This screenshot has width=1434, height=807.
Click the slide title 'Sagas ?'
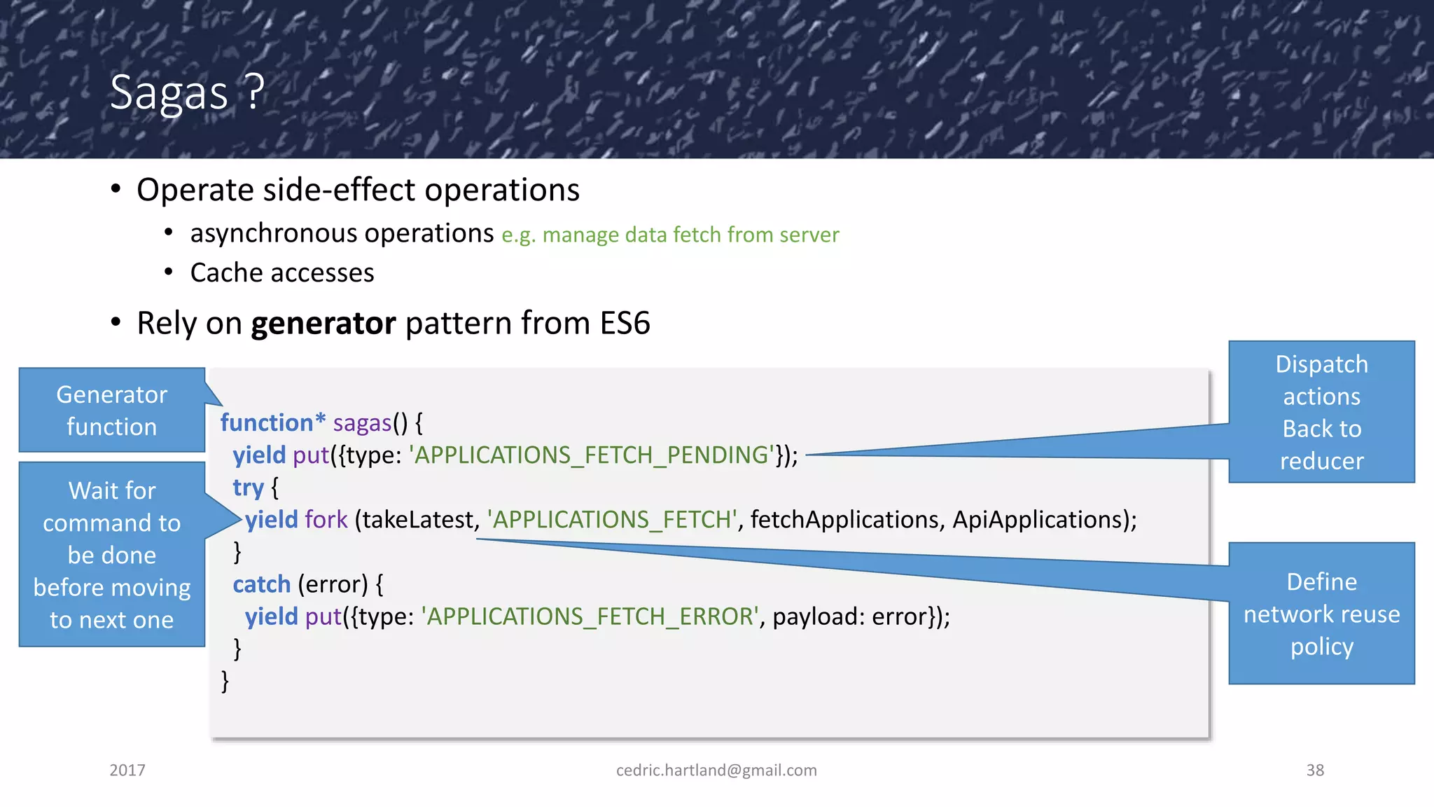187,92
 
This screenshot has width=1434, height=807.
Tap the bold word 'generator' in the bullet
323,324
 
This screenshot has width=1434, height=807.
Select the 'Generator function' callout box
112,411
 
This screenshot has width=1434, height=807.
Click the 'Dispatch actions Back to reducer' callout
1321,412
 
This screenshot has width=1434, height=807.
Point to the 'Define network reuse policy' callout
1321,614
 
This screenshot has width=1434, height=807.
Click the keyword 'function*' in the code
273,423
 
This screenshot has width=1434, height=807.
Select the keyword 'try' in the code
248,488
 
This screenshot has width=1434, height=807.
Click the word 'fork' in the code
326,520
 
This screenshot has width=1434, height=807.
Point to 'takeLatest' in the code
417,520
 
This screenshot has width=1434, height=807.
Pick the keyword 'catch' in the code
261,584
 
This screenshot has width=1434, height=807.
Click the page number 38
1315,771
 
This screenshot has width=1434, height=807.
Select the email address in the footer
716,771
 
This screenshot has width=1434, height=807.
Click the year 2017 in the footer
127,771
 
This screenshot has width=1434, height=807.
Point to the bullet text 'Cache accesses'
282,273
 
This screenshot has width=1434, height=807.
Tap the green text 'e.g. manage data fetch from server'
670,235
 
